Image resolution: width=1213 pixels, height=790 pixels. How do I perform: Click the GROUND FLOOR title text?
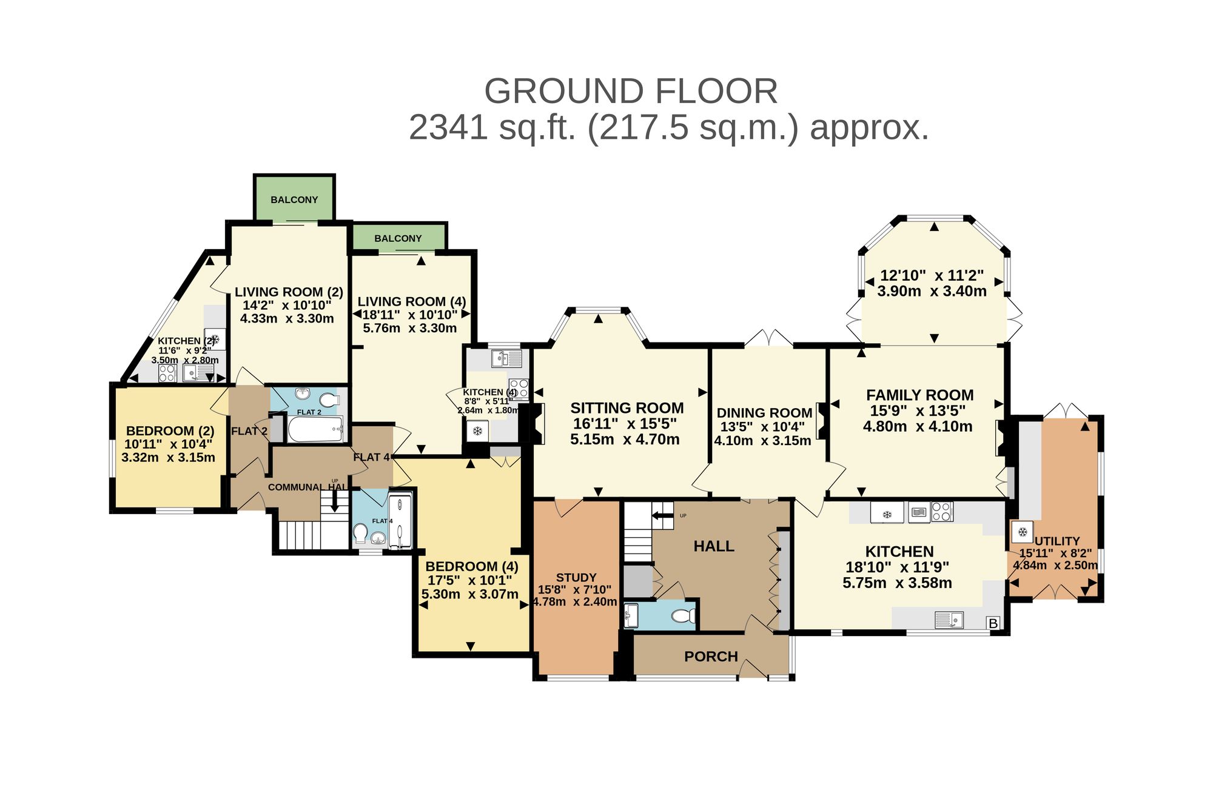pyautogui.click(x=631, y=91)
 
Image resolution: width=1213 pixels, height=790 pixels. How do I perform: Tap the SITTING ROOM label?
pyautogui.click(x=627, y=408)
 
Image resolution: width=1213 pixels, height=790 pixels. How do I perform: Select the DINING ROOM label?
pyautogui.click(x=764, y=413)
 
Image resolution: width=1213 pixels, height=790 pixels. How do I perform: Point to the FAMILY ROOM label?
pyautogui.click(x=920, y=395)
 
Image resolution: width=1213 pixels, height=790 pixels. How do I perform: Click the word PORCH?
pyautogui.click(x=711, y=657)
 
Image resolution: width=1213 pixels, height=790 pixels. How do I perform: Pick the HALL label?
pyautogui.click(x=714, y=546)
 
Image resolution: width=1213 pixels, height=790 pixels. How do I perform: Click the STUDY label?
pyautogui.click(x=576, y=578)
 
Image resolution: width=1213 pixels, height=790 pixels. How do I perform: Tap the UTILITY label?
pyautogui.click(x=1057, y=541)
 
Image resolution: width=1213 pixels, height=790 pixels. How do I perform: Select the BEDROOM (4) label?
pyautogui.click(x=472, y=566)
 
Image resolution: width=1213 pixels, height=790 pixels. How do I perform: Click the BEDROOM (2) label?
pyautogui.click(x=170, y=431)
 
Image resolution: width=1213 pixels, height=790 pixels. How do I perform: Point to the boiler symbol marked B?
pyautogui.click(x=993, y=623)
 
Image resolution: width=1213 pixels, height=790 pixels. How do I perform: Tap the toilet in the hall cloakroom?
pyautogui.click(x=684, y=616)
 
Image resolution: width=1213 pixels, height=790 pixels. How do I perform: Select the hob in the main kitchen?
pyautogui.click(x=942, y=512)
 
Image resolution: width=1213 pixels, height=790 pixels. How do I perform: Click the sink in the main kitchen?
pyautogui.click(x=949, y=620)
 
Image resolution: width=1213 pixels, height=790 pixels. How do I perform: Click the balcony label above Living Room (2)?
pyautogui.click(x=294, y=199)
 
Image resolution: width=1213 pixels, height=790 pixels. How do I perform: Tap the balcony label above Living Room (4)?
pyautogui.click(x=398, y=238)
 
